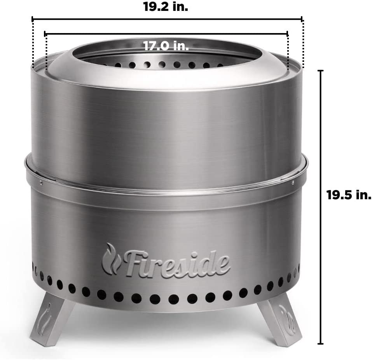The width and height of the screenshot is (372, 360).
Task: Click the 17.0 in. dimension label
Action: coord(166,46)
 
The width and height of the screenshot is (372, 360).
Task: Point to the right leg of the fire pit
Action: coord(279,319)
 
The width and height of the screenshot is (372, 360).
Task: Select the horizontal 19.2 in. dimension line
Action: coord(233,18)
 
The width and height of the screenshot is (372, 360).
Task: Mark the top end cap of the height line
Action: coord(320,70)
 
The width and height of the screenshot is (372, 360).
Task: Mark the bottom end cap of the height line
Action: coord(320,344)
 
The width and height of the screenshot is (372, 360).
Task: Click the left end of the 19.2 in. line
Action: coord(33,18)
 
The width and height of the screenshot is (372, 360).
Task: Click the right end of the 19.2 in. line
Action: coord(302,18)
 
